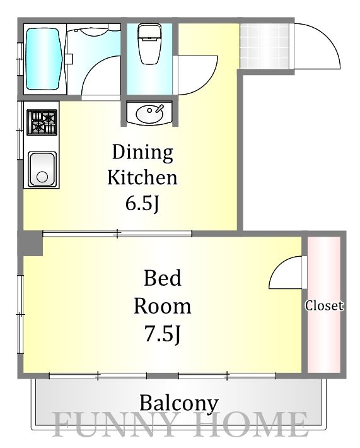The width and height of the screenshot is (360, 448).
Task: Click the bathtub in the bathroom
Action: pyautogui.click(x=44, y=59)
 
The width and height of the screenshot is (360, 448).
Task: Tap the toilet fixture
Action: pyautogui.click(x=149, y=44)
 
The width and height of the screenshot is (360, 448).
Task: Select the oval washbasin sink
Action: pyautogui.click(x=149, y=114)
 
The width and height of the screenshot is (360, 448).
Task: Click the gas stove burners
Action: pyautogui.click(x=42, y=122)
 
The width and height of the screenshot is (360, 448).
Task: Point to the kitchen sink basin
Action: pyautogui.click(x=42, y=170)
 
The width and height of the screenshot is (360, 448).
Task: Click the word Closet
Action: pyautogui.click(x=324, y=306)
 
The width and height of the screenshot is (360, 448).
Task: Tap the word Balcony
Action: pyautogui.click(x=179, y=404)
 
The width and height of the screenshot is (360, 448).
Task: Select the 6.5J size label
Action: pyautogui.click(x=142, y=203)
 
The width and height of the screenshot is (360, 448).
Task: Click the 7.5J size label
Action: pyautogui.click(x=163, y=334)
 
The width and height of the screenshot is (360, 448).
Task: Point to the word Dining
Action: pyautogui.click(x=142, y=153)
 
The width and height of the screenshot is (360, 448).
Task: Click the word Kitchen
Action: pyautogui.click(x=142, y=177)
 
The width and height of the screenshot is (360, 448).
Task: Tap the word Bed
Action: pyautogui.click(x=163, y=278)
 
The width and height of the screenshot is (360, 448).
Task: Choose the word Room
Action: pyautogui.click(x=163, y=306)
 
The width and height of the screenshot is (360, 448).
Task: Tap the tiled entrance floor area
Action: pyautogui.click(x=264, y=46)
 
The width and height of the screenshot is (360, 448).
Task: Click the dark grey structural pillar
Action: pyautogui.click(x=30, y=244)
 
